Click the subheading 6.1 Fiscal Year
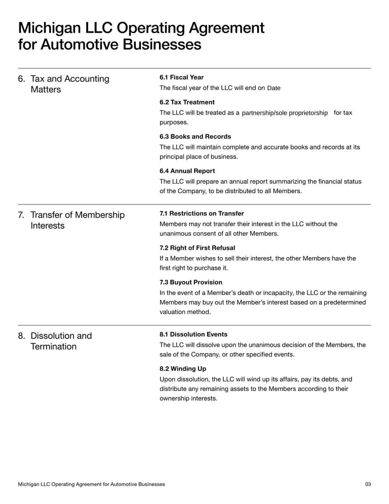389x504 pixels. (x=181, y=77)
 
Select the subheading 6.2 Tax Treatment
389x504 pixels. (x=187, y=102)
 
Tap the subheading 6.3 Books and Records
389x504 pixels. (x=195, y=137)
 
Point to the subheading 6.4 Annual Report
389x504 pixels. (x=187, y=171)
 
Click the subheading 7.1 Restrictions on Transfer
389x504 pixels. (x=201, y=214)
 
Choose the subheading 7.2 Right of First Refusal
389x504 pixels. (x=197, y=248)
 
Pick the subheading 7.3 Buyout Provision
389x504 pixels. (x=191, y=282)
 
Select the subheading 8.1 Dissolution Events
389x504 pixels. (x=193, y=335)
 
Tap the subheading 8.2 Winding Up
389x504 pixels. (x=183, y=369)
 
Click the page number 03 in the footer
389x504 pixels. (x=368, y=485)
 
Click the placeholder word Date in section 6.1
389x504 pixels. (x=274, y=88)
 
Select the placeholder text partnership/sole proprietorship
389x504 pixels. (x=284, y=113)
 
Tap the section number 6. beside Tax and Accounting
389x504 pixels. (x=22, y=79)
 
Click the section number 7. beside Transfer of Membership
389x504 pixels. (x=22, y=215)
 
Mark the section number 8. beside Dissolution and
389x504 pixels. (x=22, y=336)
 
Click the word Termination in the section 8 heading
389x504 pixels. (x=53, y=347)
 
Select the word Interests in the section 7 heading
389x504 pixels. (x=48, y=226)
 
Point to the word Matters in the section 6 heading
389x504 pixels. (x=46, y=90)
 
